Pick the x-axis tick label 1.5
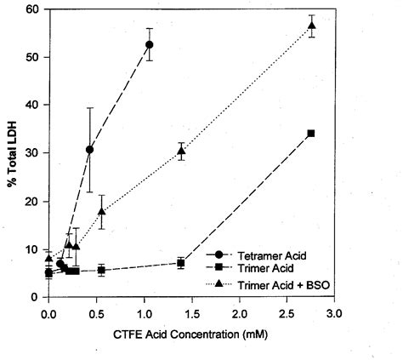(192, 314)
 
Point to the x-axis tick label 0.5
(96, 314)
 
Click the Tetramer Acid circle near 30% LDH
(89, 150)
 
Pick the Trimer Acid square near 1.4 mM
(180, 263)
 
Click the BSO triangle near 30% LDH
(181, 151)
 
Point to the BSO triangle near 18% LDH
(101, 211)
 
